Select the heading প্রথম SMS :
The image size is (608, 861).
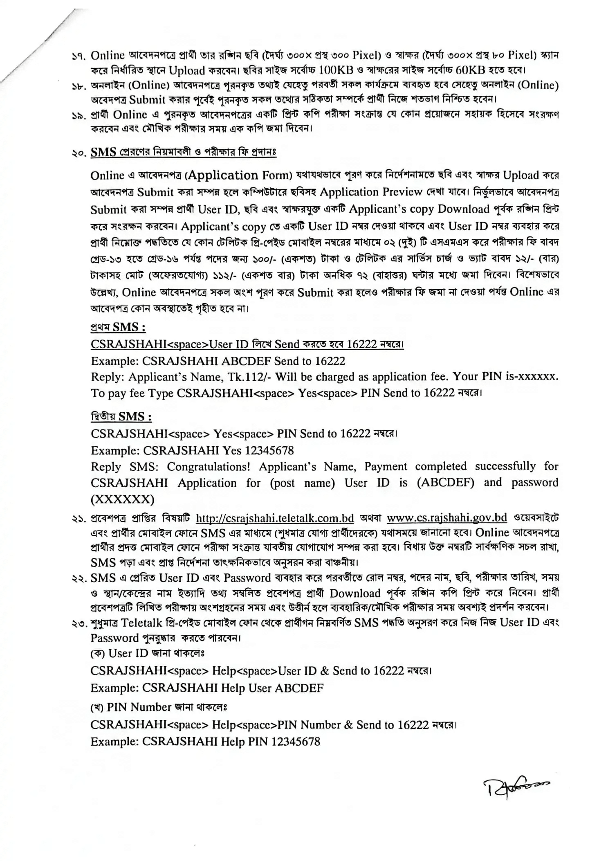pyautogui.click(x=118, y=327)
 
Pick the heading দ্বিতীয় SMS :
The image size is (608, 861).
pyautogui.click(x=121, y=417)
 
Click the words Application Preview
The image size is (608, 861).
pyautogui.click(x=371, y=192)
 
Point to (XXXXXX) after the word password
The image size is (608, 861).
pyautogui.click(x=123, y=499)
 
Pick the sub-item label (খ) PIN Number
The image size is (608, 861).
pyautogui.click(x=131, y=707)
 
